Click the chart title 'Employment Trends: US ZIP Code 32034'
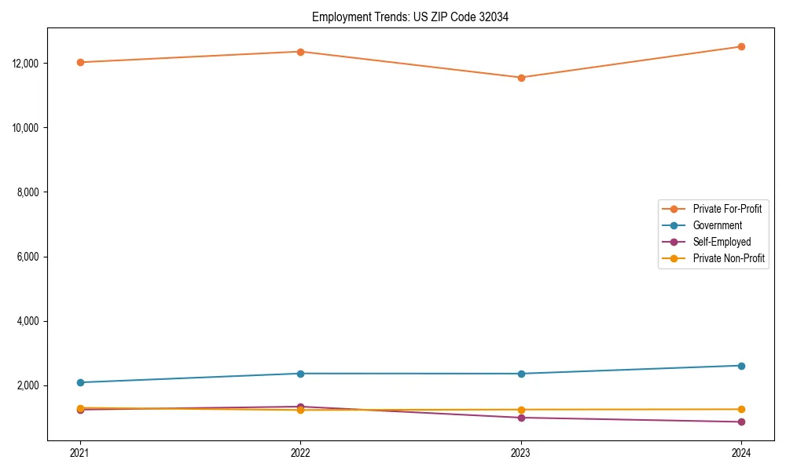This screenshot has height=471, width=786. point(410,16)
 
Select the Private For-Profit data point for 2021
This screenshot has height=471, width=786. point(80,62)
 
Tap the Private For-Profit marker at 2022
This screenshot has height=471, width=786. point(300,52)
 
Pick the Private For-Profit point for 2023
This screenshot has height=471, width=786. point(521,78)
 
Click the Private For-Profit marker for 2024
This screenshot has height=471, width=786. point(741,46)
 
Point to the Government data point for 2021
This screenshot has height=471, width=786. point(80,382)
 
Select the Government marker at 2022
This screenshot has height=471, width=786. point(300,374)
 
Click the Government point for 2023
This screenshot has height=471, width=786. point(521,374)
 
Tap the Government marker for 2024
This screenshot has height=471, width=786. point(741,366)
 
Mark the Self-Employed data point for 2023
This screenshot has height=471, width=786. point(521,418)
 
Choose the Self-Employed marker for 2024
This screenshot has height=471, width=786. point(741,422)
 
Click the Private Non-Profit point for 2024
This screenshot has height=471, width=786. point(741,409)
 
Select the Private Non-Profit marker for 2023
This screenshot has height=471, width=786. point(521,410)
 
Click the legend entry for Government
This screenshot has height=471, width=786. point(717,225)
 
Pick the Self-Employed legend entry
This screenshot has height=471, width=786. point(722,242)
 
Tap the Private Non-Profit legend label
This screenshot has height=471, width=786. point(729,258)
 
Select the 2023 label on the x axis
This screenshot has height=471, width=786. point(521,452)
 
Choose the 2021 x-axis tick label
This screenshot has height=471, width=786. point(80,452)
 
